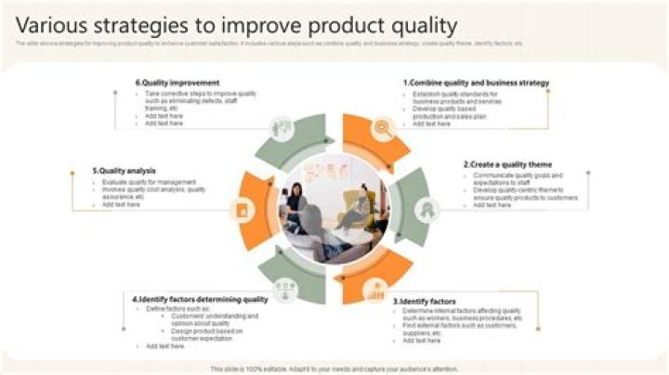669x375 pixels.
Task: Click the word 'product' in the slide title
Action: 350,25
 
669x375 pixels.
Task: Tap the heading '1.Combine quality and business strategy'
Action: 476,83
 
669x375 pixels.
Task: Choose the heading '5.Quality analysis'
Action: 124,171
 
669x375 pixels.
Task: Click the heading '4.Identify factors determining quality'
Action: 200,299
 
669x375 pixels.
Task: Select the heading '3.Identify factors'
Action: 425,302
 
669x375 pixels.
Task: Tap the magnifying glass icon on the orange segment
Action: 381,128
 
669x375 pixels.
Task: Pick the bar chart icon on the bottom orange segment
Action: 375,293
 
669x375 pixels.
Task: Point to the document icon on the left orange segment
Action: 243,211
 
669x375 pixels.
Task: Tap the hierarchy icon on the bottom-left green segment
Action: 283,291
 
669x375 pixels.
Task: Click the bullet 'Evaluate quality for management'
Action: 149,182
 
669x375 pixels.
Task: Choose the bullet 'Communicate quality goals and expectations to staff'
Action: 518,179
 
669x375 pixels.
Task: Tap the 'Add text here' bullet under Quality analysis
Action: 121,204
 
